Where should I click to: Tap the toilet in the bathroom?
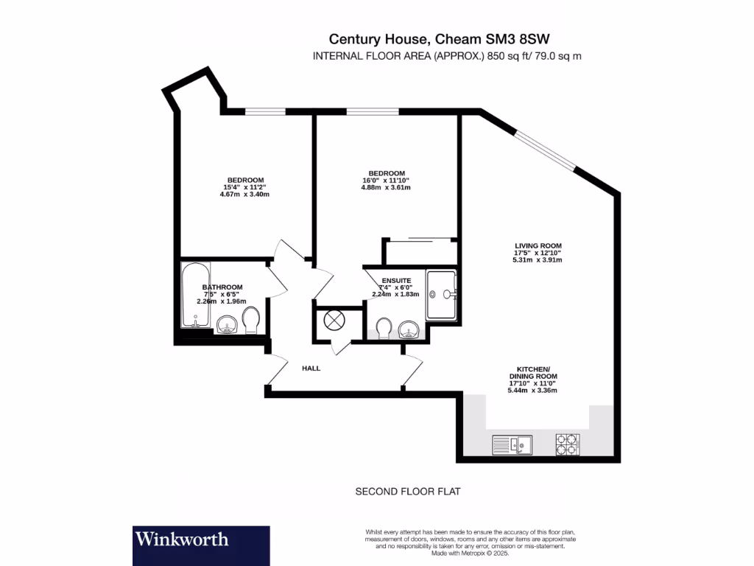251,321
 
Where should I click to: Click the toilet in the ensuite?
383,328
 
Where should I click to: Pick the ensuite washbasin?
409,329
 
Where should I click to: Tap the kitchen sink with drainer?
512,444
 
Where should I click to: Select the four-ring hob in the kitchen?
567,444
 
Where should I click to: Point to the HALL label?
311,368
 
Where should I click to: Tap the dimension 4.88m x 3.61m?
381,187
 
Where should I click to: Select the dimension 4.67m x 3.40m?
244,195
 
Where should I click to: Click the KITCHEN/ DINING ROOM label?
537,372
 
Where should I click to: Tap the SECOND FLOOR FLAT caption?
407,492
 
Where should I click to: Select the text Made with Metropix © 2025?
470,553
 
